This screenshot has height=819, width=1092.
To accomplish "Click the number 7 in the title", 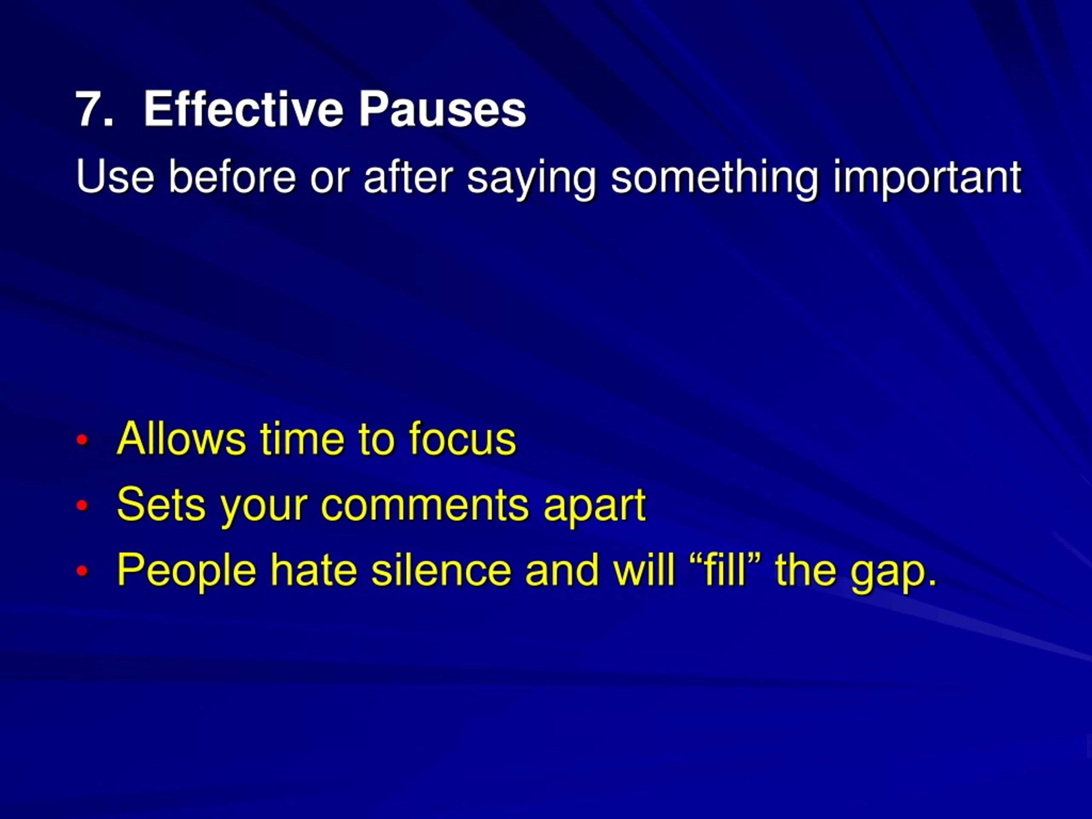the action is pos(91,109).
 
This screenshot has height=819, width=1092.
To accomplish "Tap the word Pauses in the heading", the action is pos(442,109).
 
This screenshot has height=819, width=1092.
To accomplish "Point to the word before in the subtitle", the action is pos(232,176).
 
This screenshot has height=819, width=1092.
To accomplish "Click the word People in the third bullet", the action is pos(186,572).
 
